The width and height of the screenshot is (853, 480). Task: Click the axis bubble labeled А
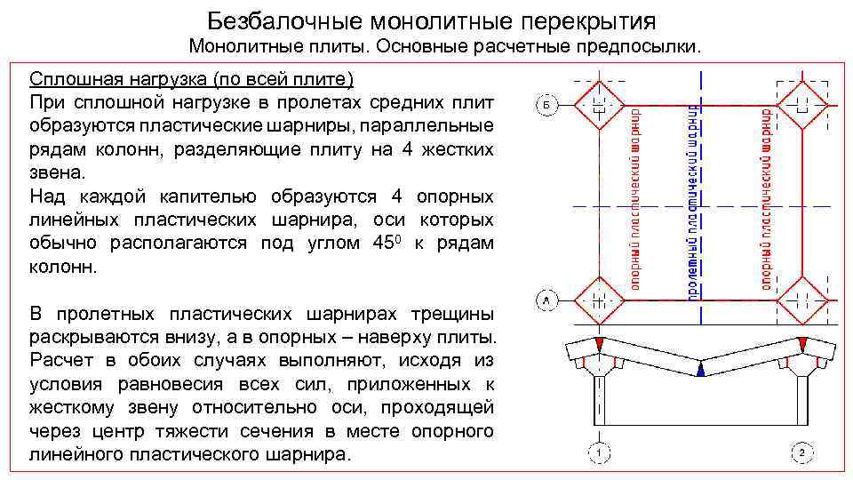pyautogui.click(x=546, y=301)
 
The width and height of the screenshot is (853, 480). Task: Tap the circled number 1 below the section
pyautogui.click(x=600, y=453)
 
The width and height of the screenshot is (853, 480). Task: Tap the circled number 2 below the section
pyautogui.click(x=801, y=453)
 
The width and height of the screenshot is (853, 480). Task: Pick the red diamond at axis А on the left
pyautogui.click(x=599, y=301)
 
